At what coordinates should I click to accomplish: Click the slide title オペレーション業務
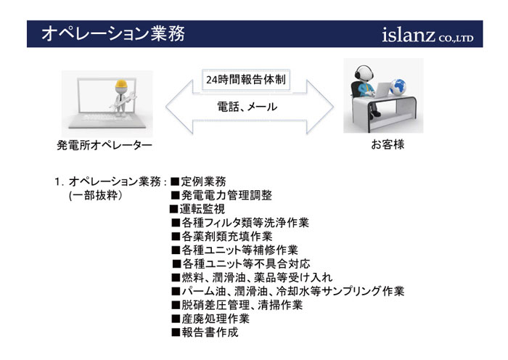112,33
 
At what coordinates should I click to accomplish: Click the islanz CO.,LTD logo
428,35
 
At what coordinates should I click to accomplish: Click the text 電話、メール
247,107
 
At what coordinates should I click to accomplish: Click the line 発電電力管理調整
221,195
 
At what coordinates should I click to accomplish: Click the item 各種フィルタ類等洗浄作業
240,223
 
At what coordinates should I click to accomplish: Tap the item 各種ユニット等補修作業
235,250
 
